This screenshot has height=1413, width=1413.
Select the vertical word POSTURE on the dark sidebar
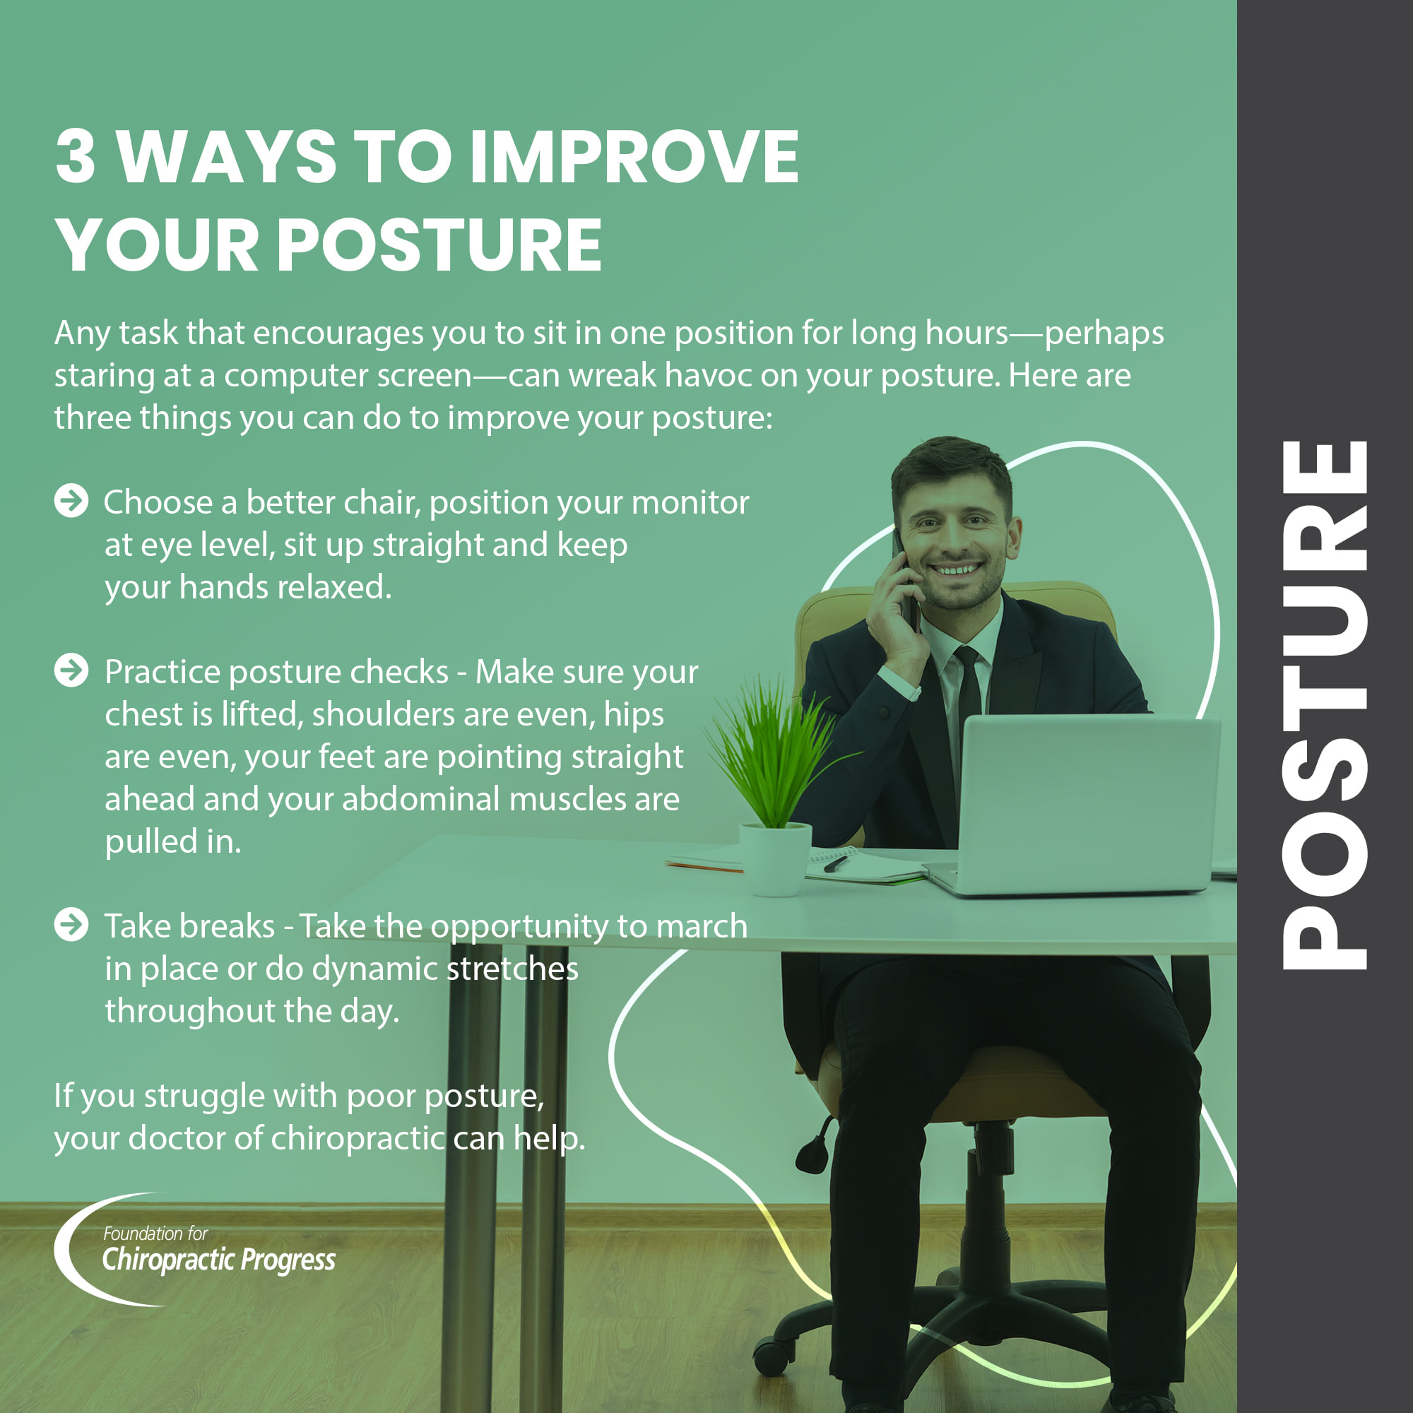[x=1325, y=705]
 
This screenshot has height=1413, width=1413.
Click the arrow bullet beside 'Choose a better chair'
[x=71, y=501]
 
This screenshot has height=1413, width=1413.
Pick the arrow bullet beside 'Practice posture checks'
[x=71, y=670]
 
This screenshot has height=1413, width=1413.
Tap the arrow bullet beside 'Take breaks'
[x=71, y=924]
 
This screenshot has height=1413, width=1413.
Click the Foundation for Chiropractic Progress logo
[x=194, y=1249]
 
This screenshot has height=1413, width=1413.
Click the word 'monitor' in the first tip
[x=690, y=502]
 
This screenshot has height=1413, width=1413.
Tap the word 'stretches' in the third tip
[x=512, y=969]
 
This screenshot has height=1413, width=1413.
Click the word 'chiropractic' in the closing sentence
[x=357, y=1139]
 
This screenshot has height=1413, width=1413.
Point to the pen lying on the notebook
[x=836, y=864]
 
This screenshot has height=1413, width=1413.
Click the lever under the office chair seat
[x=815, y=1146]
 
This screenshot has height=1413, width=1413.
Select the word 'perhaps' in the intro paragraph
[x=1104, y=334]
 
